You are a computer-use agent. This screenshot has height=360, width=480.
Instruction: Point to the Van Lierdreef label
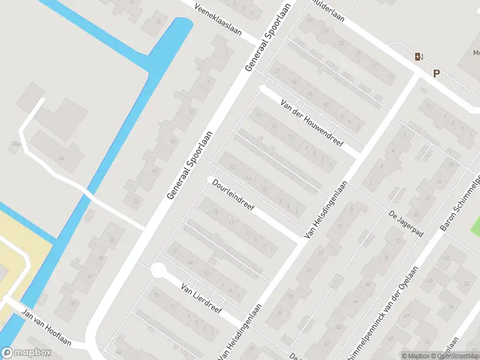(x=202, y=299)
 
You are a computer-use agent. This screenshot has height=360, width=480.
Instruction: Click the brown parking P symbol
(x=436, y=74)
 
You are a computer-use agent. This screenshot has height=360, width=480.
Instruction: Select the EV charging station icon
(x=418, y=56)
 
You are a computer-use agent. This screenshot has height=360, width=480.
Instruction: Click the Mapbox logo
(x=25, y=352)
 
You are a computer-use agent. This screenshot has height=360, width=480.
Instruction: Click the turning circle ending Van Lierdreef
(x=158, y=271)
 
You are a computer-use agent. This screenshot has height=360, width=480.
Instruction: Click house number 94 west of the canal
(x=61, y=158)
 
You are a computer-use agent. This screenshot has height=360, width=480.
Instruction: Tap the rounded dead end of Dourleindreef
(x=211, y=179)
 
